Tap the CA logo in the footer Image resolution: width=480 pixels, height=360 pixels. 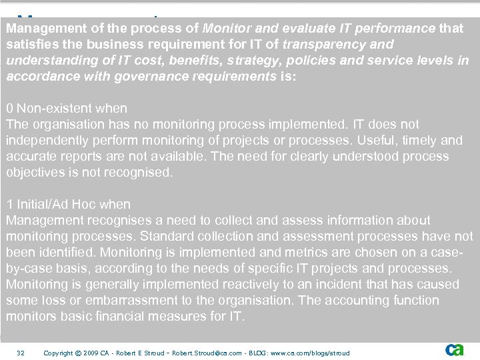(x=455, y=350)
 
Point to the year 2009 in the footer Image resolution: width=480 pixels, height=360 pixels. (x=91, y=353)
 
